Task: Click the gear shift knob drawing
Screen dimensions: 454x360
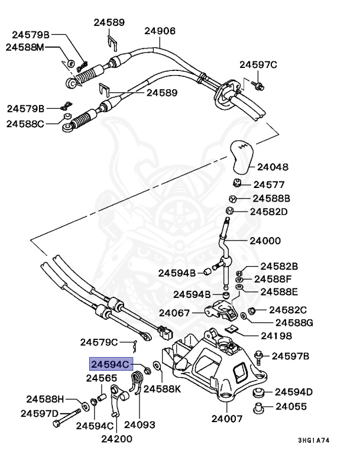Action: pos(242,155)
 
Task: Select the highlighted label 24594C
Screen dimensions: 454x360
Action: pos(110,364)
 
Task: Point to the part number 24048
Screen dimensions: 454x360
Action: pos(273,167)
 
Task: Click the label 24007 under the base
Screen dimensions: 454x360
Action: pos(227,419)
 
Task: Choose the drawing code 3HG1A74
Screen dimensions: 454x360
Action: pos(322,440)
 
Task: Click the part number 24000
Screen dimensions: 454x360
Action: pos(265,241)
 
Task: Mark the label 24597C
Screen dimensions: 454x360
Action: pos(258,64)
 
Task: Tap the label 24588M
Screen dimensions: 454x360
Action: pos(25,47)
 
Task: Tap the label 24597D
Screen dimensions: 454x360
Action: pos(40,413)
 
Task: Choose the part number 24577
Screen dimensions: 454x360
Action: pos(269,184)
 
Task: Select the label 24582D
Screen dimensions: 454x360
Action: pos(268,211)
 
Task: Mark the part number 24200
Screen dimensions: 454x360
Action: pos(116,438)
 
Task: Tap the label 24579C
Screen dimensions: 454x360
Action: pos(100,342)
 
